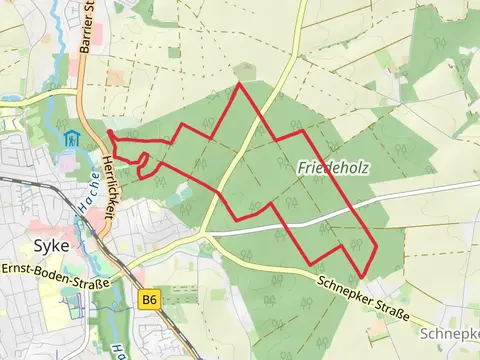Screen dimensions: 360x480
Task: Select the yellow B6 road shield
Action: (x=150, y=299)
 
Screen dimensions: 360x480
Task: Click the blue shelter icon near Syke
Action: (x=70, y=138)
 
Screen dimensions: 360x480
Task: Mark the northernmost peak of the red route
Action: (x=239, y=84)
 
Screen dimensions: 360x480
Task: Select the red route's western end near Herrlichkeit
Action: (x=108, y=133)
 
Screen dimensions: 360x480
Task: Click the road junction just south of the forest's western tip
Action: (x=203, y=233)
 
